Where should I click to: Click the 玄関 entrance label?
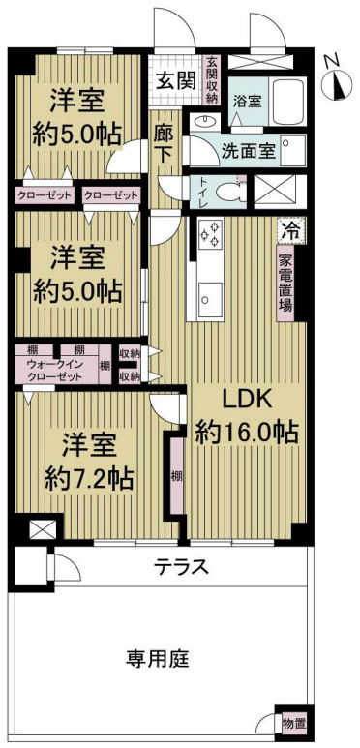(x=176, y=81)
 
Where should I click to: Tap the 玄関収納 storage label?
(x=212, y=80)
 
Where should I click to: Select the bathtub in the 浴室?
(x=286, y=103)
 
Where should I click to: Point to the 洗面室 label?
(x=248, y=151)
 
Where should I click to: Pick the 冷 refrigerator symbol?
(x=291, y=231)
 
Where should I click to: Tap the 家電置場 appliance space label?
(x=285, y=283)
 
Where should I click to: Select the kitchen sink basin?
(x=210, y=299)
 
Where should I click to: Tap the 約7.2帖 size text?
(x=89, y=478)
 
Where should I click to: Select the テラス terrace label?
(x=181, y=568)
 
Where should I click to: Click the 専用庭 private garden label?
(x=158, y=660)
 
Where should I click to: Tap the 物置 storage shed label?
(x=294, y=722)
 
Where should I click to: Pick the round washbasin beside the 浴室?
(x=207, y=121)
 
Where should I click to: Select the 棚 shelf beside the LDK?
(x=176, y=476)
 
